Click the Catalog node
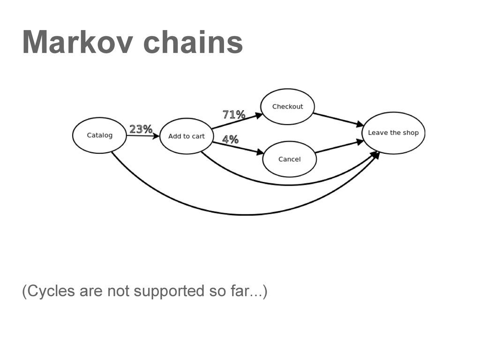[x=100, y=135]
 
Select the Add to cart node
[x=187, y=136]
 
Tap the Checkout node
[x=287, y=106]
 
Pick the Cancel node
[x=289, y=159]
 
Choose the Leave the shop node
[x=393, y=133]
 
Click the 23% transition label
[x=141, y=129]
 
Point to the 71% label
[x=233, y=114]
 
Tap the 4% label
[x=230, y=139]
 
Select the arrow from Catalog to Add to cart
[x=142, y=136]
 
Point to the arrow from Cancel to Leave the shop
[x=339, y=147]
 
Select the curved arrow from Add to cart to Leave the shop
[x=286, y=185]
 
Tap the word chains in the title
[x=193, y=42]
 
